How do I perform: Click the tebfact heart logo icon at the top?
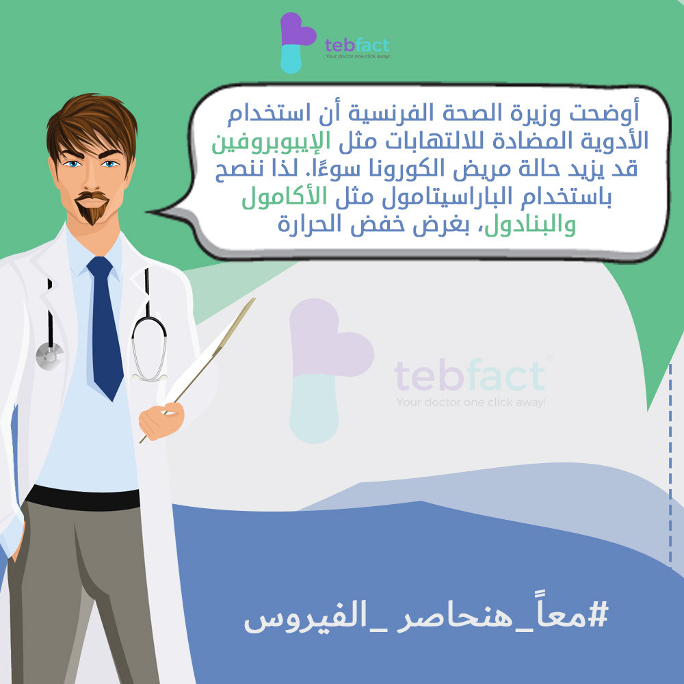(x=298, y=42)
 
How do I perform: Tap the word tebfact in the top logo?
(x=357, y=44)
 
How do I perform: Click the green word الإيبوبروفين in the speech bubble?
(x=272, y=143)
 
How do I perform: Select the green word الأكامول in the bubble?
(x=285, y=198)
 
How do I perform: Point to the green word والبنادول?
(x=530, y=225)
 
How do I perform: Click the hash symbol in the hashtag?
(x=598, y=615)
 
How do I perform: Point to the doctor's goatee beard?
(x=92, y=208)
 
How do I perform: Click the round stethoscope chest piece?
(x=49, y=356)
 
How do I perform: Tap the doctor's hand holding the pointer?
(x=161, y=421)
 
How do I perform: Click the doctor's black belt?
(x=83, y=498)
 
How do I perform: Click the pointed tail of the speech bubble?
(x=150, y=212)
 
